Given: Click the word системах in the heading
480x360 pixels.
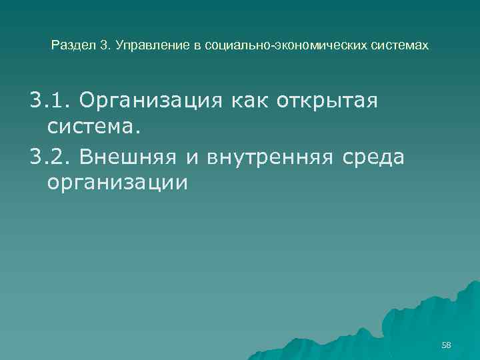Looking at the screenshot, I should [401, 47].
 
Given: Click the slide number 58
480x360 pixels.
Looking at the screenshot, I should [446, 345].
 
